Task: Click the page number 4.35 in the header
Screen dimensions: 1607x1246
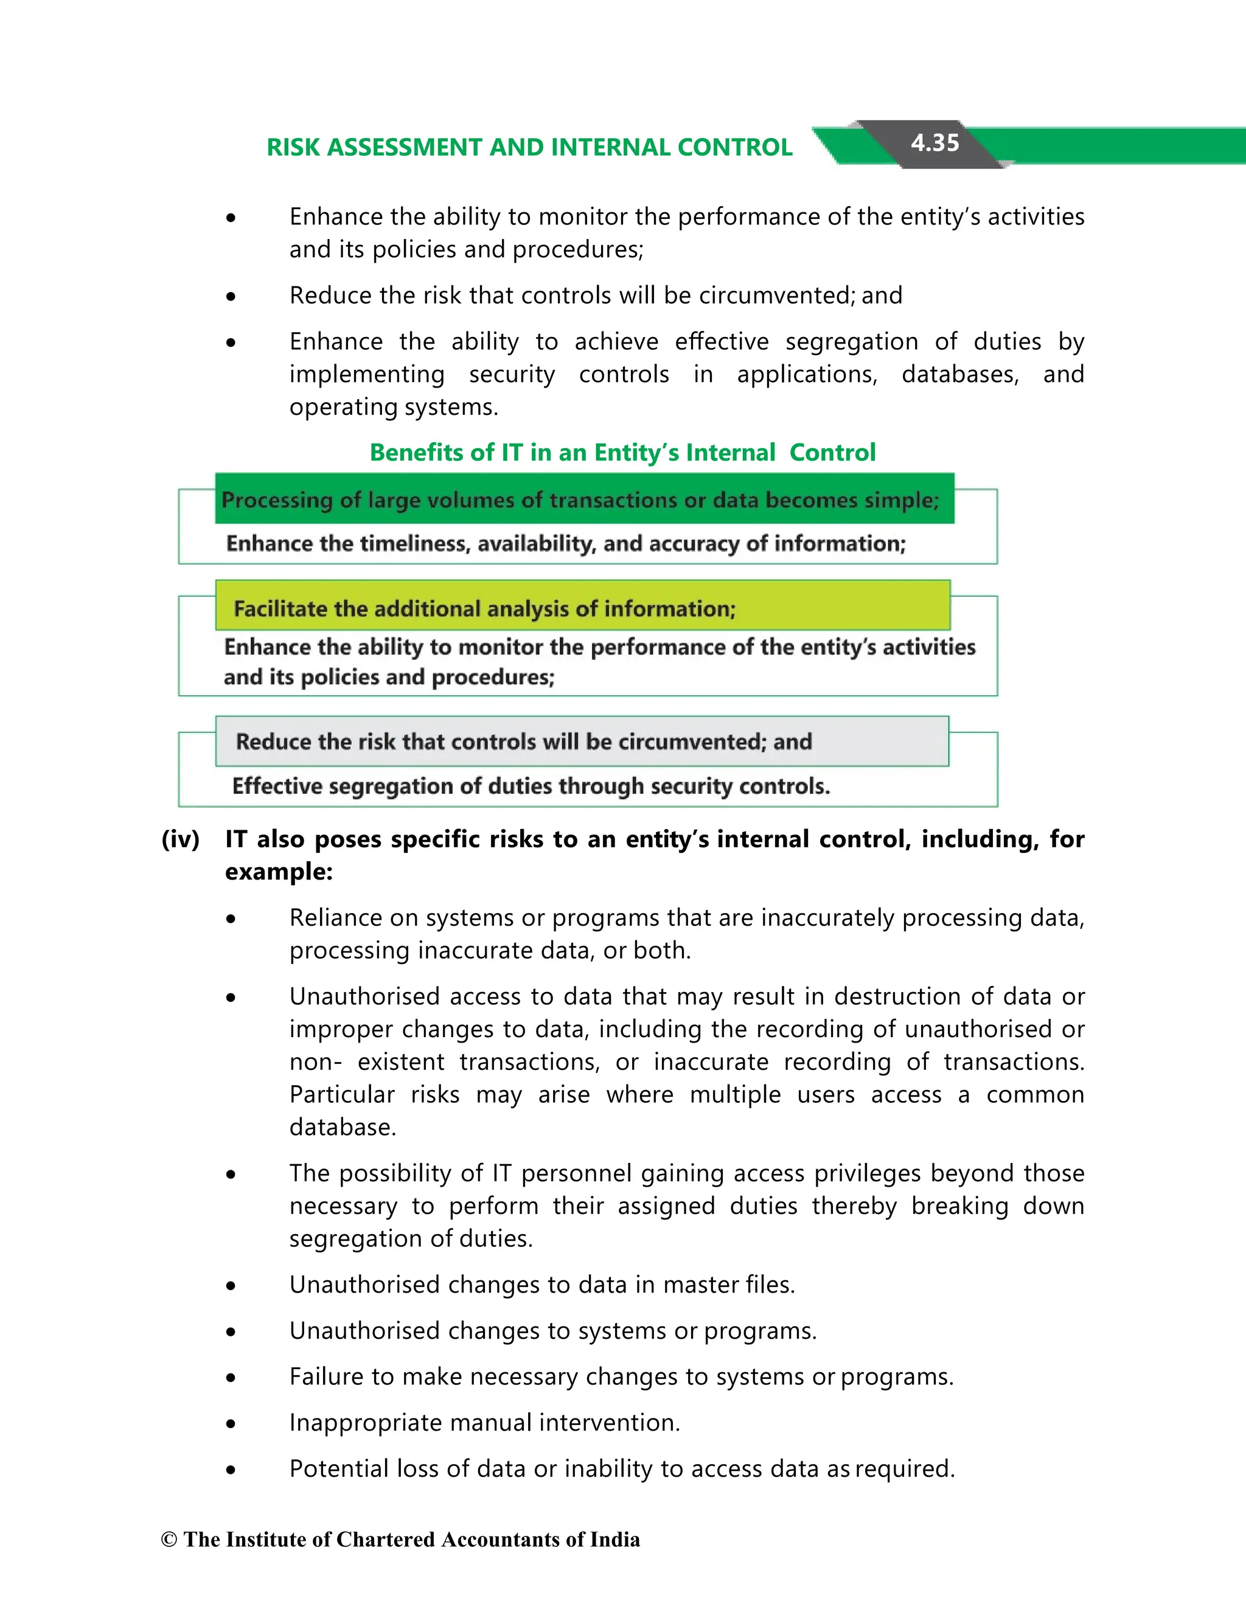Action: tap(934, 143)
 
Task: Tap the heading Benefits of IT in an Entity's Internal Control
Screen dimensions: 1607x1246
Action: tap(622, 452)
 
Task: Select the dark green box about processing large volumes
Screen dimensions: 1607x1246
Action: tap(583, 499)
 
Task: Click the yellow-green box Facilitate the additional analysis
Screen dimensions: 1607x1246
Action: tap(582, 607)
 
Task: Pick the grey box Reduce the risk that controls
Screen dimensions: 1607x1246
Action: tap(582, 741)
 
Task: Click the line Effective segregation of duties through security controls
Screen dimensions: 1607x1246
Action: tap(531, 786)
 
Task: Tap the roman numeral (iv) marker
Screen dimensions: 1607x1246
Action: tap(180, 839)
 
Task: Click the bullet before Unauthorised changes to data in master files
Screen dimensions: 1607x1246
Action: tap(231, 1285)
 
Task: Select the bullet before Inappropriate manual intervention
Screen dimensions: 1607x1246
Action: tap(231, 1424)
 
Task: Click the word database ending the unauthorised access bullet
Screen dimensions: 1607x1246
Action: tap(343, 1126)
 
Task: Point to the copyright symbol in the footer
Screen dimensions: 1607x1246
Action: tap(169, 1539)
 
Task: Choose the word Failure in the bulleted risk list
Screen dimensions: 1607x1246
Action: tap(330, 1376)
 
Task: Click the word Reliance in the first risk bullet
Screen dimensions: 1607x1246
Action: tap(335, 918)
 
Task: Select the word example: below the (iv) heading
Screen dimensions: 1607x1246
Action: tap(279, 872)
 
